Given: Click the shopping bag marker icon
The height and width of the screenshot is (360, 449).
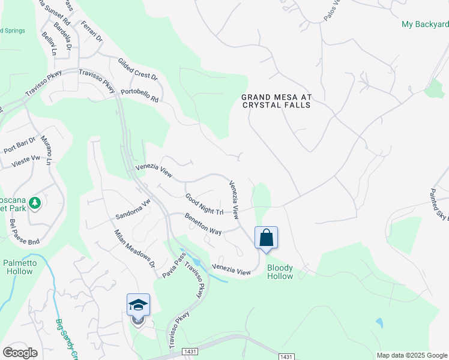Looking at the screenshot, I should [x=267, y=238].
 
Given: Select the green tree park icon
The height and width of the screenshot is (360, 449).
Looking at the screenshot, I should [x=35, y=203].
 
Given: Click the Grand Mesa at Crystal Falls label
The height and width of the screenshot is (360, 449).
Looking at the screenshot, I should [x=276, y=100].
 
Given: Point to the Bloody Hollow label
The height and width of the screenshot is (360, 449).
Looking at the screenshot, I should [x=280, y=272].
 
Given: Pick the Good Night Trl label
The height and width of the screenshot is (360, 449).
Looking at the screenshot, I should [x=204, y=205].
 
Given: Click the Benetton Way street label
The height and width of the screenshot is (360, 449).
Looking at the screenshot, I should [x=203, y=223].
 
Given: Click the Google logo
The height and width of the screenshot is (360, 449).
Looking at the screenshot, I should [x=20, y=353].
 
